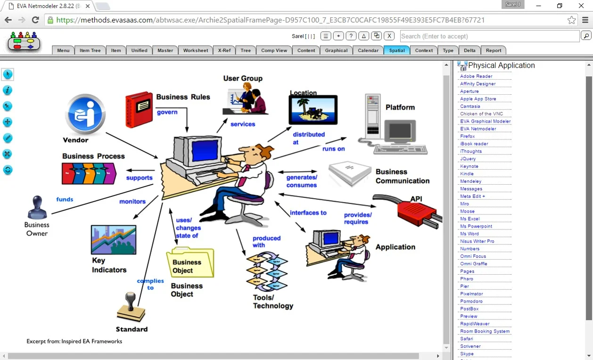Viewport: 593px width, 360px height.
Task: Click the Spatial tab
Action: click(x=396, y=50)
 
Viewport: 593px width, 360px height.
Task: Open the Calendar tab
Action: click(x=368, y=50)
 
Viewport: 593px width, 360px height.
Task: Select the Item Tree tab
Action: click(x=90, y=50)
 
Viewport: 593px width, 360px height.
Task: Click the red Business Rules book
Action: click(x=139, y=109)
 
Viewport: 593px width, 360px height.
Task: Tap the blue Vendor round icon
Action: click(x=85, y=115)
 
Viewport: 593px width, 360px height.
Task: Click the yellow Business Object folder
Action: click(x=190, y=262)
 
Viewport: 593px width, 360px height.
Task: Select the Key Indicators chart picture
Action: click(x=114, y=240)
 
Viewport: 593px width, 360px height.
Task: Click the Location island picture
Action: click(x=313, y=109)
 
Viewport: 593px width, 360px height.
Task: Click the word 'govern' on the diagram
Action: click(x=167, y=112)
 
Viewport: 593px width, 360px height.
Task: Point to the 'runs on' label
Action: click(x=334, y=149)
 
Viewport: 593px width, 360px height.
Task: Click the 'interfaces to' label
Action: click(x=308, y=213)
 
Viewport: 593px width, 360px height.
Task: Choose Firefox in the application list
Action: click(x=467, y=136)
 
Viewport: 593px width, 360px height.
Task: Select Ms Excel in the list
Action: click(x=469, y=219)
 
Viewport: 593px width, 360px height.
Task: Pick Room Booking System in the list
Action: click(x=485, y=331)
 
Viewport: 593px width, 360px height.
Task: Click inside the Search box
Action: click(x=489, y=36)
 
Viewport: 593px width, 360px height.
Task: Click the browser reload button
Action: click(x=35, y=20)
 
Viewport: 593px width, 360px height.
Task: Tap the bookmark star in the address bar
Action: click(x=571, y=20)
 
